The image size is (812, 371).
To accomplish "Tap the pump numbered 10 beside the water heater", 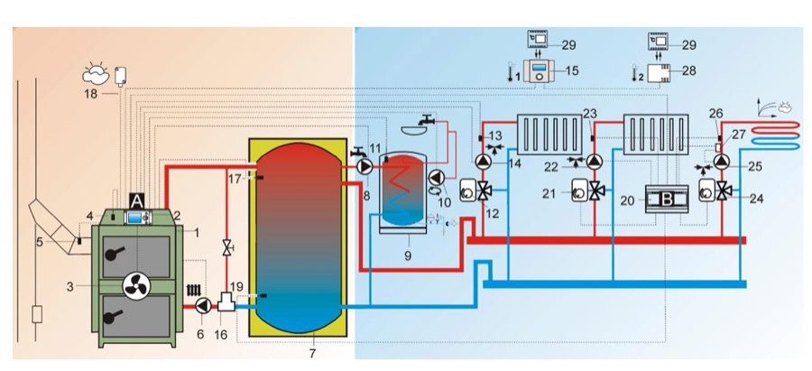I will [x=437, y=177].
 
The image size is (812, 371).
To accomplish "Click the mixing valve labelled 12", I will [x=491, y=191].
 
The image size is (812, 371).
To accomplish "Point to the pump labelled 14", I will [x=484, y=162].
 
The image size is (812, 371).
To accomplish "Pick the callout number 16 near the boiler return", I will [x=220, y=333].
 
